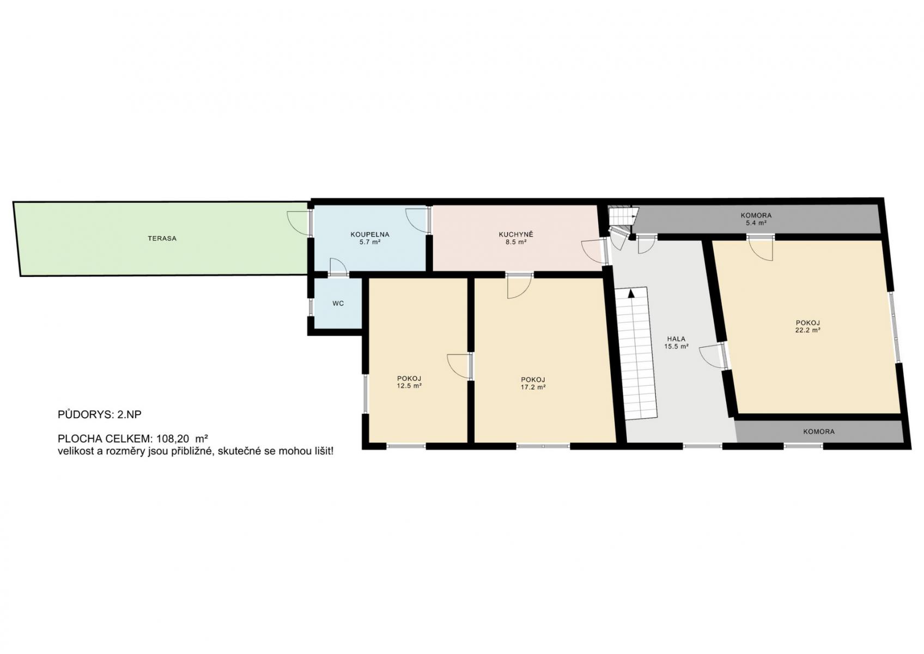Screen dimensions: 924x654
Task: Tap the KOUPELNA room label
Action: pyautogui.click(x=369, y=235)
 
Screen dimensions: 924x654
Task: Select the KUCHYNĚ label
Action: pyautogui.click(x=515, y=235)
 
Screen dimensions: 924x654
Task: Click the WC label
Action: pyautogui.click(x=338, y=304)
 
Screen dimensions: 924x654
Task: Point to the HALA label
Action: pyautogui.click(x=676, y=339)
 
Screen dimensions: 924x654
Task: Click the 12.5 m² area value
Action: pyautogui.click(x=409, y=386)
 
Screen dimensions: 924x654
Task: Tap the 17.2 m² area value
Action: pyautogui.click(x=533, y=387)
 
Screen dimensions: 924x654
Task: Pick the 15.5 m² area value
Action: pyautogui.click(x=676, y=347)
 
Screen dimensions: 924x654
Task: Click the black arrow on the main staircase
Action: pyautogui.click(x=631, y=293)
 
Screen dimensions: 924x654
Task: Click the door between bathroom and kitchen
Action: pyautogui.click(x=418, y=221)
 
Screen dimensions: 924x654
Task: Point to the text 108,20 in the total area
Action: pyautogui.click(x=174, y=438)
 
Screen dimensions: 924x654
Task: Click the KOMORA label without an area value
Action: pyautogui.click(x=819, y=432)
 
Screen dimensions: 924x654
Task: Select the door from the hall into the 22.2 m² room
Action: pyautogui.click(x=713, y=356)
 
